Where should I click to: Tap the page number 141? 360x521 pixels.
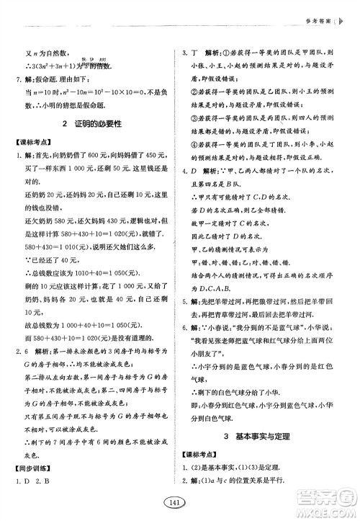click(x=179, y=502)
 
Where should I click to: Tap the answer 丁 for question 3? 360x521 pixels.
click(x=195, y=53)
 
